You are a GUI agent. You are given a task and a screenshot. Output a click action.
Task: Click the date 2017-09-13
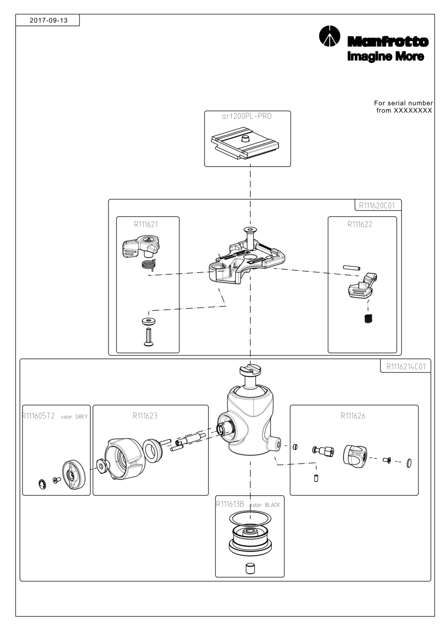[x=49, y=20]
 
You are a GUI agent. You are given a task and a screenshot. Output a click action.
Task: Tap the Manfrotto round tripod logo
[x=329, y=36]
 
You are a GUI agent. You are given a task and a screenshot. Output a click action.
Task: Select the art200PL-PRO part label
[x=247, y=116]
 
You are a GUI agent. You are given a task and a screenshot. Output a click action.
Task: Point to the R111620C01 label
[x=377, y=205]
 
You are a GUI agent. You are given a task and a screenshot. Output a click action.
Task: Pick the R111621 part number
[x=146, y=224]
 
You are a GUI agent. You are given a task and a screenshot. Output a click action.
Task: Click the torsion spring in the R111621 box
[x=149, y=264]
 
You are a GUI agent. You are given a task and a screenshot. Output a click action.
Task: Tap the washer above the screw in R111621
[x=149, y=321]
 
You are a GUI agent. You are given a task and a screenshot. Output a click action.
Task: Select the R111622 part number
[x=360, y=224]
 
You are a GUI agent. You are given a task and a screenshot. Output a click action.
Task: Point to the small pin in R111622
[x=352, y=267]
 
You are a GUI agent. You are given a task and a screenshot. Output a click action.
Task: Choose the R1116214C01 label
[x=406, y=367]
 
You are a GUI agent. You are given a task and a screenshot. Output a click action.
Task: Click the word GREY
[x=81, y=417]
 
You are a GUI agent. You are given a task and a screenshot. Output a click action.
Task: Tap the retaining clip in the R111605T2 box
[x=42, y=484]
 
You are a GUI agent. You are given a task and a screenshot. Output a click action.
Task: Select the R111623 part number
[x=145, y=416]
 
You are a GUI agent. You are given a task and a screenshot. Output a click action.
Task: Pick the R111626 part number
[x=353, y=416]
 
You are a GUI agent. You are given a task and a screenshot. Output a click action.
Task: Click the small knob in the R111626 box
[x=355, y=456]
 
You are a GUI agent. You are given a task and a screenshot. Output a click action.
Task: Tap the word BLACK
[x=272, y=505]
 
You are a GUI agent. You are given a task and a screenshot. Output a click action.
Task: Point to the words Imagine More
[x=385, y=56]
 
